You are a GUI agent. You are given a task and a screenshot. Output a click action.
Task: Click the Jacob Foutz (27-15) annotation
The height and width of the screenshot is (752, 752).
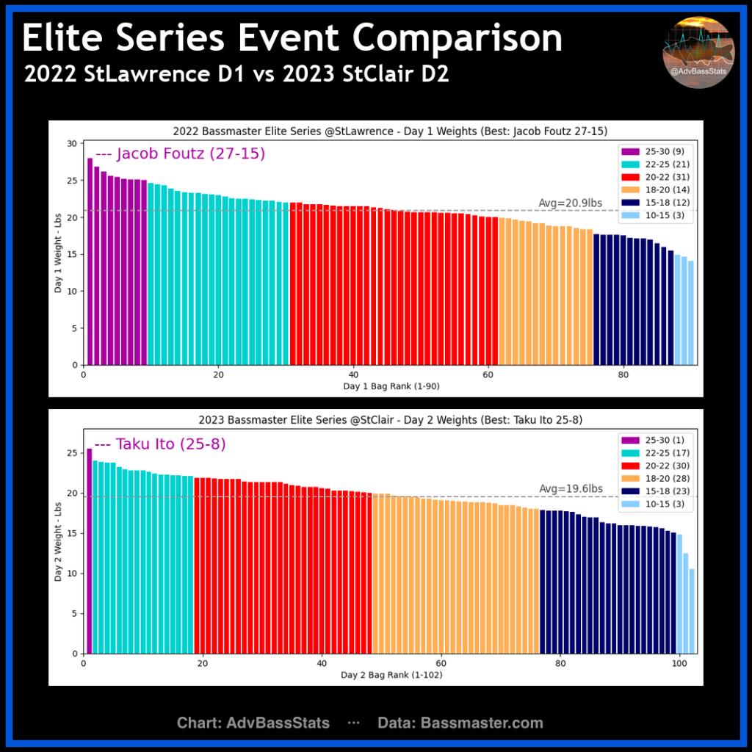pos(180,154)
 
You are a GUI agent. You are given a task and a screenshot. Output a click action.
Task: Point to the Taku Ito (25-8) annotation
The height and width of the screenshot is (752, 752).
pos(160,444)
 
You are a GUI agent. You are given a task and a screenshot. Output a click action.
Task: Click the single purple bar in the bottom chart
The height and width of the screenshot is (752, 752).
pos(90,551)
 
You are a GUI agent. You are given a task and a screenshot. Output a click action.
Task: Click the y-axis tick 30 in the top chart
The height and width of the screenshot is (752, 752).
pos(72,143)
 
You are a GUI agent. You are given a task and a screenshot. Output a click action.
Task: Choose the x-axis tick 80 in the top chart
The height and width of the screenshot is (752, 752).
pos(623,375)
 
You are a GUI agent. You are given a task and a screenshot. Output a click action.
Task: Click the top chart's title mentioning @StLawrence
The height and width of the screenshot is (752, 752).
pos(375,131)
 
